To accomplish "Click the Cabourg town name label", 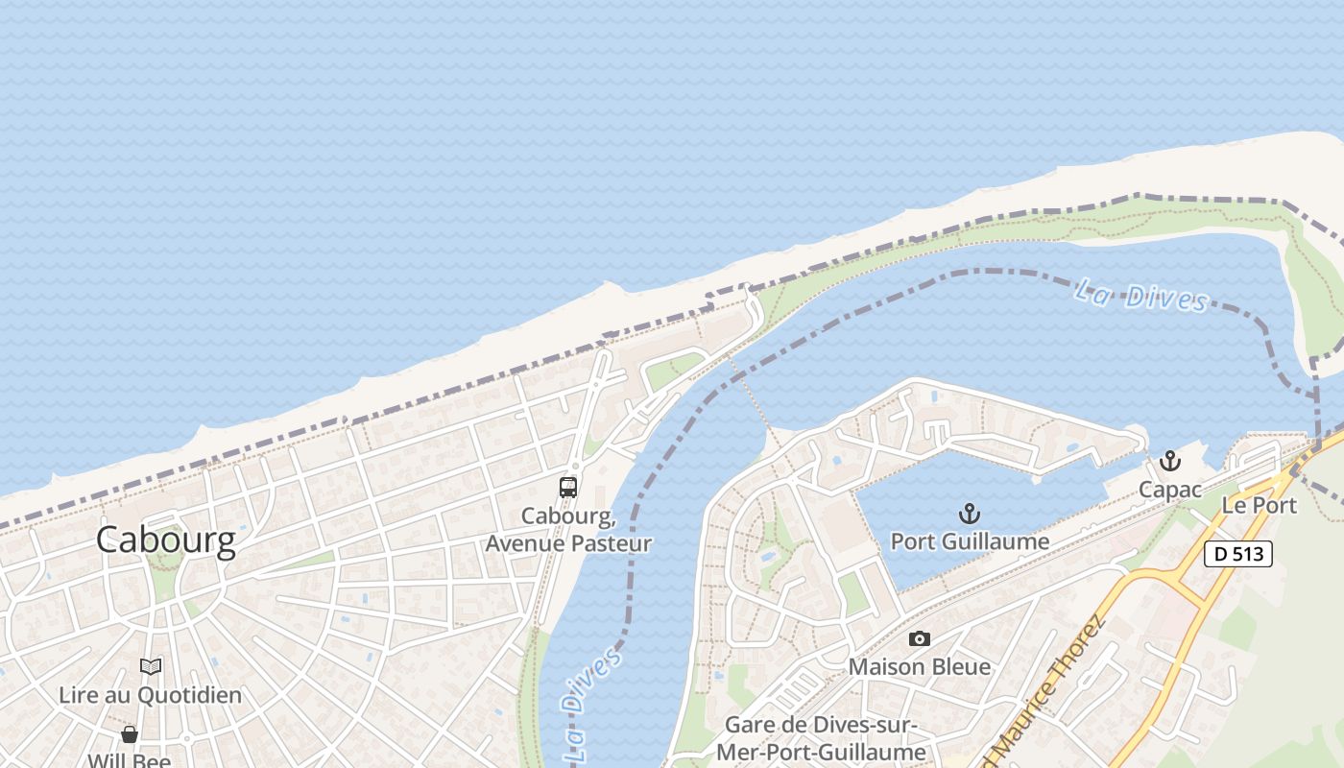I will pyautogui.click(x=165, y=540).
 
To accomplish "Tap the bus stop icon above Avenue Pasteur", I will pyautogui.click(x=568, y=488).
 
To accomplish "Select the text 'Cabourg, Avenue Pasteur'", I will pyautogui.click(x=568, y=530).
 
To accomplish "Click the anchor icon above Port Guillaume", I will pyautogui.click(x=970, y=514).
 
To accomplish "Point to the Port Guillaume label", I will pyautogui.click(x=970, y=541).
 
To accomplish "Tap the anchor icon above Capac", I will pyautogui.click(x=1169, y=462).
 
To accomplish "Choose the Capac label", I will pyautogui.click(x=1169, y=490).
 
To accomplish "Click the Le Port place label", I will pyautogui.click(x=1259, y=505).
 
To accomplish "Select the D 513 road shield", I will pyautogui.click(x=1238, y=554).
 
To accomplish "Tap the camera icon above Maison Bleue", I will pyautogui.click(x=920, y=638).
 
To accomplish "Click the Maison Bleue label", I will pyautogui.click(x=920, y=666).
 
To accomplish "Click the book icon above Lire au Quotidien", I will pyautogui.click(x=151, y=666).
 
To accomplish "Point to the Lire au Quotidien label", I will pyautogui.click(x=151, y=694).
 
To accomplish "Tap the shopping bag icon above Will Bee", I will pyautogui.click(x=130, y=734).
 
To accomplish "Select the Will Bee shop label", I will pyautogui.click(x=130, y=760).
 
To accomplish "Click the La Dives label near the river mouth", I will pyautogui.click(x=1140, y=296).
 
